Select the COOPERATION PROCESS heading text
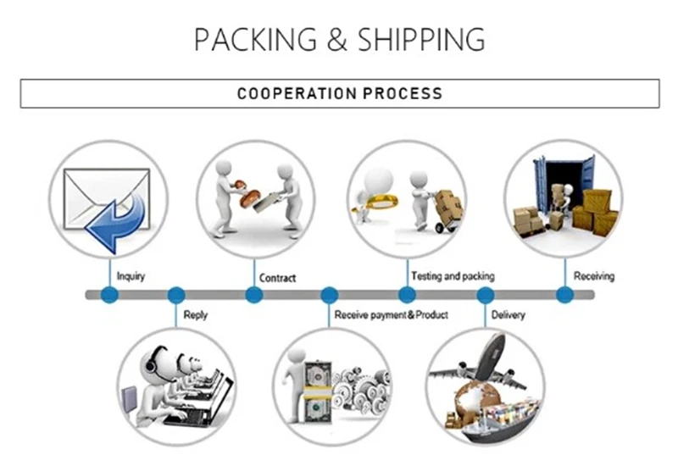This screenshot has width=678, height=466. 339,93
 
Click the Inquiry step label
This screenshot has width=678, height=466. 131,276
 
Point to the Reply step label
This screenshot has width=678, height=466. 195,314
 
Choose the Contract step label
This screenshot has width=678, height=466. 277,277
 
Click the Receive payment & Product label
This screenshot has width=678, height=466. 391,314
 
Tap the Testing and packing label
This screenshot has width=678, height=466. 453,276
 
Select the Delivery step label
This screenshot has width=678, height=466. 508,314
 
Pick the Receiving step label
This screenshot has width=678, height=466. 594,276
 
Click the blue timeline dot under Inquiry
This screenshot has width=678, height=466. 108,295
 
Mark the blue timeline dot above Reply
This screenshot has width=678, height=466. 176,295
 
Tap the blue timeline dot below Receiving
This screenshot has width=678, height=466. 564,295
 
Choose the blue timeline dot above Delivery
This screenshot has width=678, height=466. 486,295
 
